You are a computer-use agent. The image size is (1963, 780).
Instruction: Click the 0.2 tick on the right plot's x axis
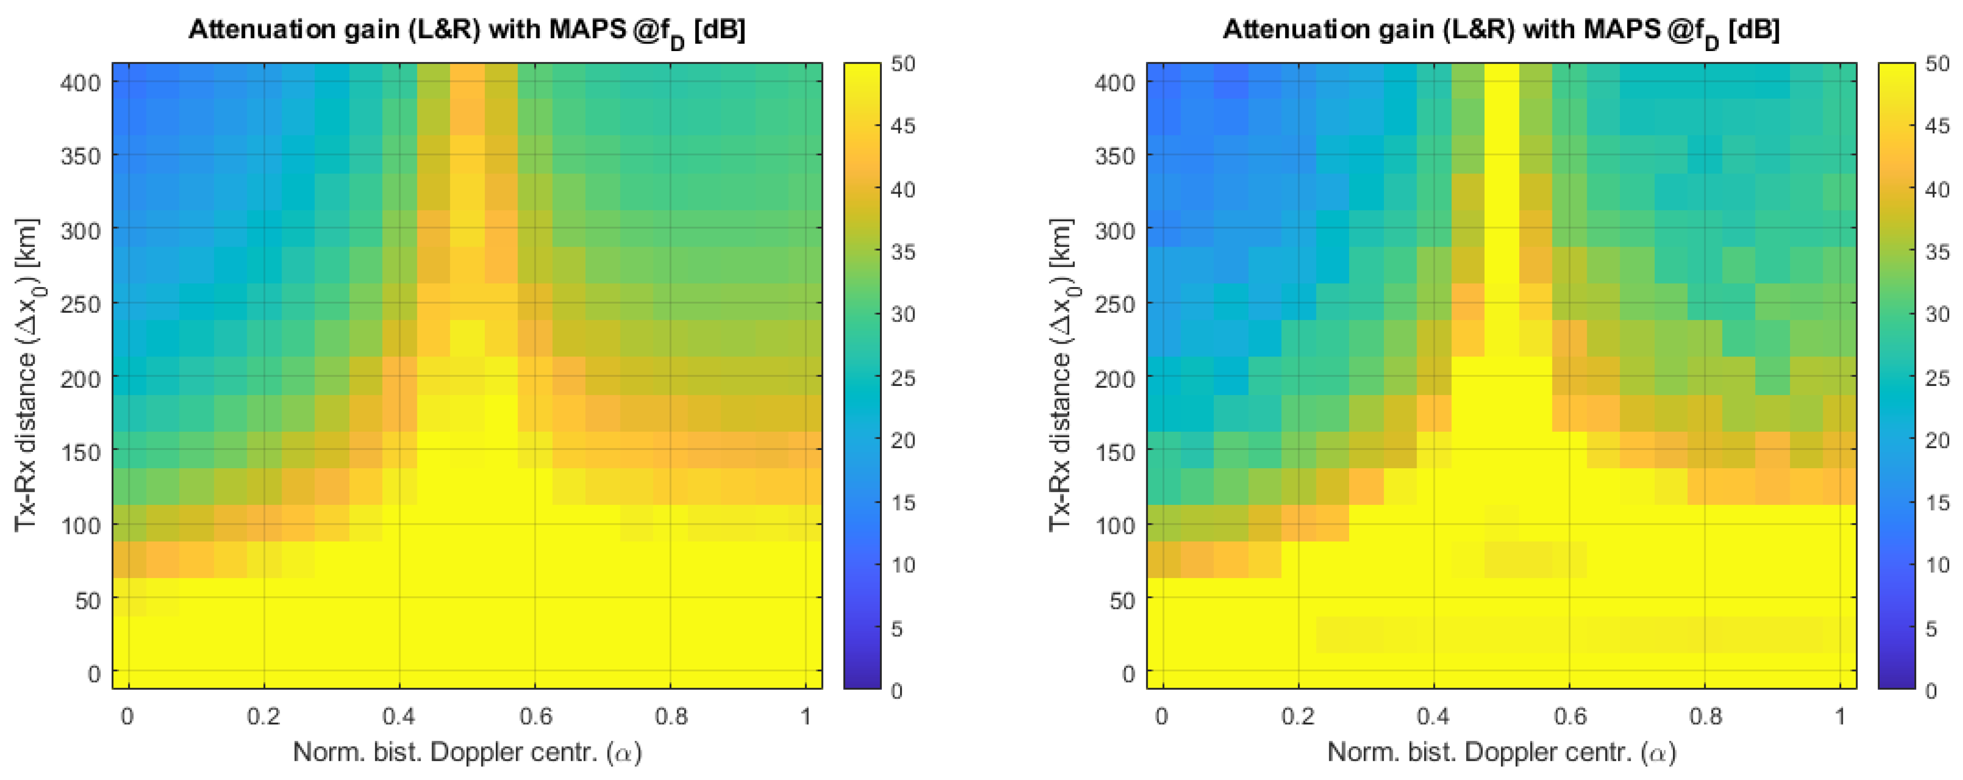tap(1297, 716)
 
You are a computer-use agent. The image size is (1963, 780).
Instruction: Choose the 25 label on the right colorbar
tap(1937, 378)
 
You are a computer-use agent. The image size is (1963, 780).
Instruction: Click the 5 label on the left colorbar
tap(897, 628)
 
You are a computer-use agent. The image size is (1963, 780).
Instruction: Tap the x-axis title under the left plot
tap(466, 753)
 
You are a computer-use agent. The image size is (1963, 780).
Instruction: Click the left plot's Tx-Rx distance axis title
tap(26, 375)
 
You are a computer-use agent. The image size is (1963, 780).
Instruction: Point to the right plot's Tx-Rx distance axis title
tap(1060, 375)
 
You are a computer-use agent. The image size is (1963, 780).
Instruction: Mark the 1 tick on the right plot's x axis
tap(1840, 716)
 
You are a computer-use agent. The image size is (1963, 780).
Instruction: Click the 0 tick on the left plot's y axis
tap(94, 674)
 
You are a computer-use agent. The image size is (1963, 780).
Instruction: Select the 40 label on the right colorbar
tap(1937, 189)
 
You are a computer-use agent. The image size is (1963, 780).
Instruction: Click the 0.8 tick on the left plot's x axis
tap(671, 716)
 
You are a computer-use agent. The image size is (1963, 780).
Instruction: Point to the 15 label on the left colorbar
tap(903, 502)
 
